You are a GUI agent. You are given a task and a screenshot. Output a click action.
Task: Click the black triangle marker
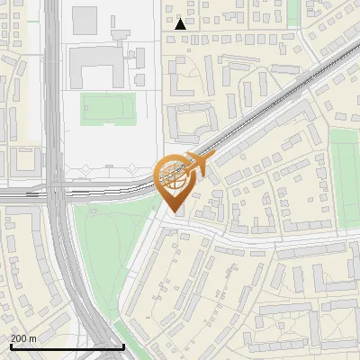pos(181,24)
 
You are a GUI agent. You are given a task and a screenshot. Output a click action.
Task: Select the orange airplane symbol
pos(198,163)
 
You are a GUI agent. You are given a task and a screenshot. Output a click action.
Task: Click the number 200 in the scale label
pos(20,337)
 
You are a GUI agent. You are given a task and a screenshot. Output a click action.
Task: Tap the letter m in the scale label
pos(33,337)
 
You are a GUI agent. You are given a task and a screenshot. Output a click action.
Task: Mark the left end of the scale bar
pos(11,346)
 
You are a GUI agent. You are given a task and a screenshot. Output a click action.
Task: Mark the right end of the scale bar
pos(123,346)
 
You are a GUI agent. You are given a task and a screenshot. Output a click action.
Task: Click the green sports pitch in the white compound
pos(108,109)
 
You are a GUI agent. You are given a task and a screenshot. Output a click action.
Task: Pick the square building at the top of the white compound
pos(85,17)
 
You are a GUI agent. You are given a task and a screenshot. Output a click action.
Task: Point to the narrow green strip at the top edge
pos(292,9)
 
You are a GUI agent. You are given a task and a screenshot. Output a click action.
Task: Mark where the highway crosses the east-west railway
pos(56,191)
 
